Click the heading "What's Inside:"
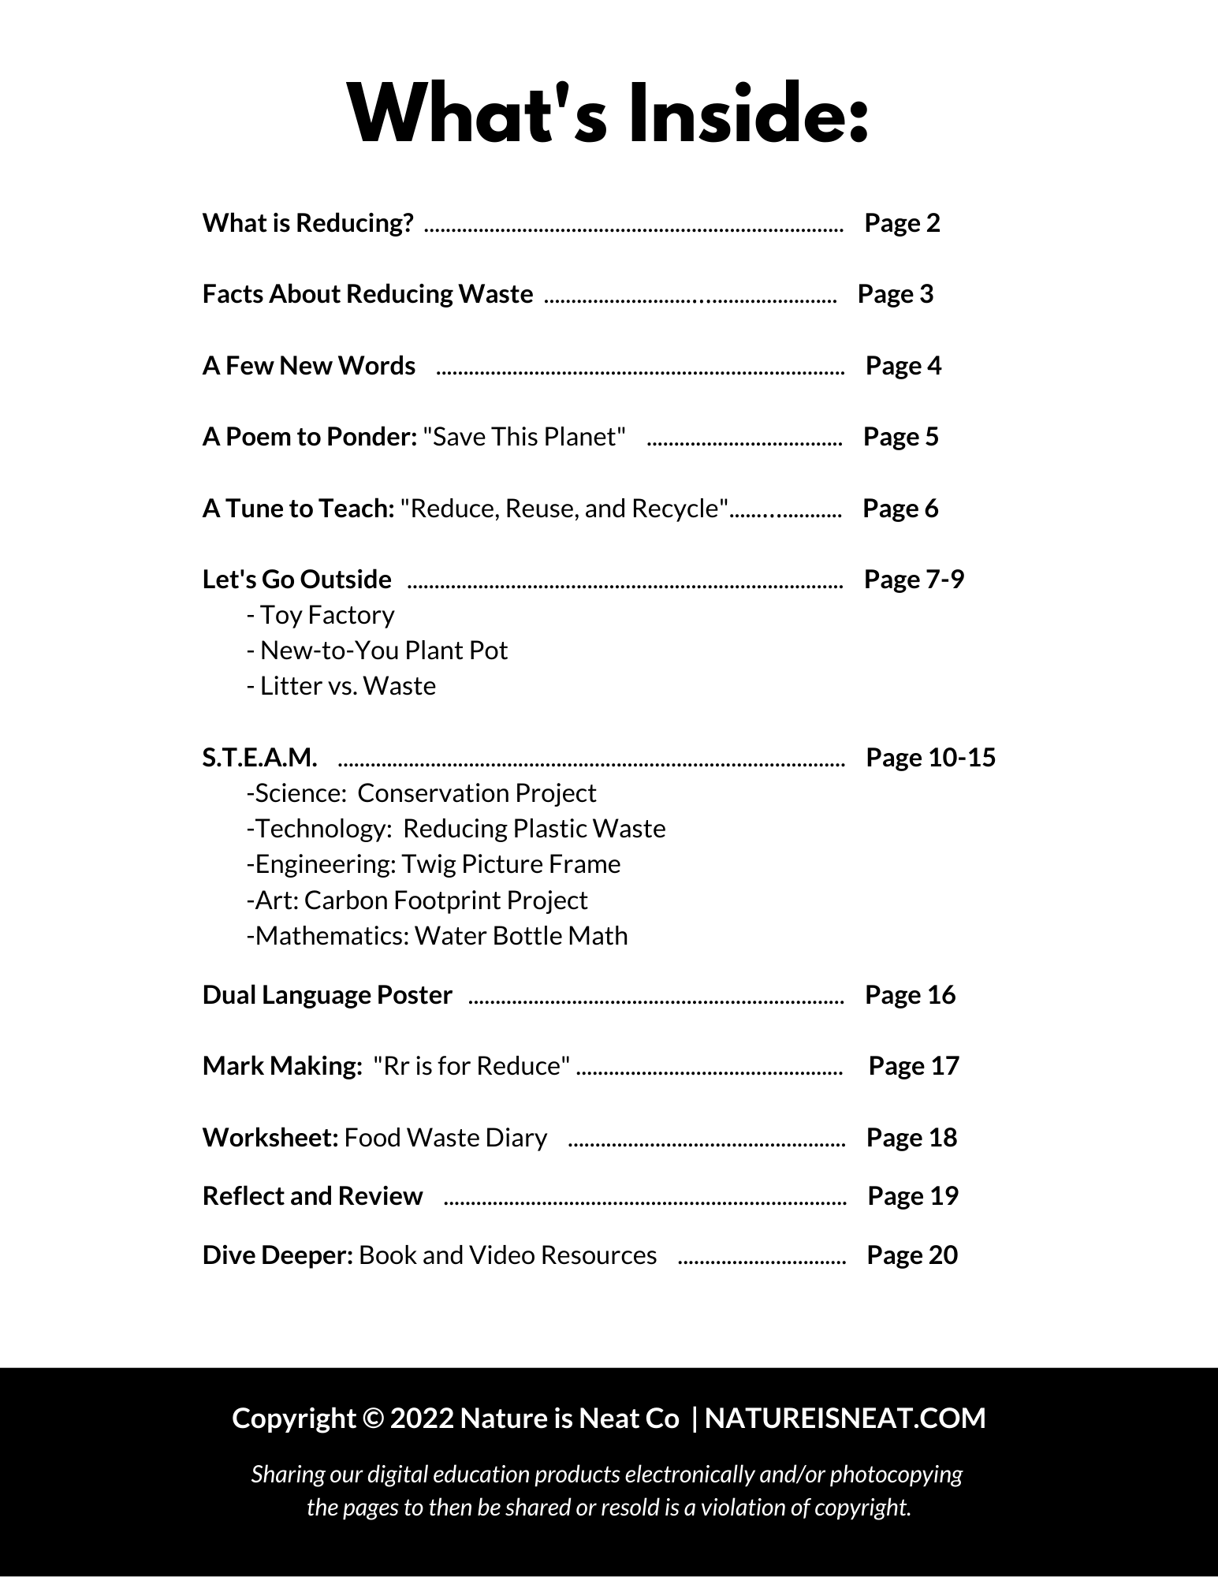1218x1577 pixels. tap(608, 115)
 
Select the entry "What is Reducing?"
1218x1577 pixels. tap(307, 223)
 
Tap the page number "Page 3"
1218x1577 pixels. tap(895, 294)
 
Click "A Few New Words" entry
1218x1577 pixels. tap(308, 366)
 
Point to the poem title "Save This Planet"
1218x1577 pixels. tap(524, 437)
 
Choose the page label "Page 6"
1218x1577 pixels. tap(900, 509)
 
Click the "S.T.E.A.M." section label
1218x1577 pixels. tap(259, 758)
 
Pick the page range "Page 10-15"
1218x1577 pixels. tap(930, 758)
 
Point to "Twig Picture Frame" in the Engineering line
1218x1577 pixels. tap(511, 864)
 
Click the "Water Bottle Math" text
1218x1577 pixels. tap(521, 936)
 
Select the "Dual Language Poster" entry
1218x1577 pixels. tap(327, 995)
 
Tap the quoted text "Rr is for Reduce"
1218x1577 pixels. tap(471, 1066)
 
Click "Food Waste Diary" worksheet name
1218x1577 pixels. tap(445, 1138)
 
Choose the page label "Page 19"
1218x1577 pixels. tap(912, 1196)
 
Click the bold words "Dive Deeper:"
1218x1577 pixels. tap(277, 1255)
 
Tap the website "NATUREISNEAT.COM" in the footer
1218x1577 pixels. tap(845, 1419)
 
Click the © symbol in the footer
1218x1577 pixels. tap(373, 1419)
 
